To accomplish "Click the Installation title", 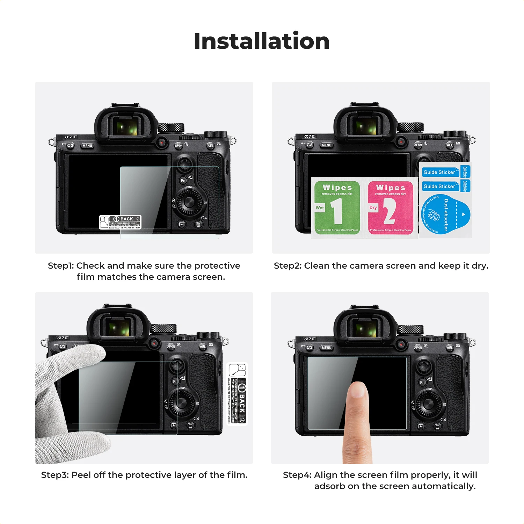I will pos(262,41).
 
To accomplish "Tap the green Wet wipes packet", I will pos(337,208).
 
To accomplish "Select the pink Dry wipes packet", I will pos(391,208).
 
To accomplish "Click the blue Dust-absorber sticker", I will pos(445,215).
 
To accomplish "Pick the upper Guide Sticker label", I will pos(439,172).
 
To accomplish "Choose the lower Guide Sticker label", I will pos(439,187).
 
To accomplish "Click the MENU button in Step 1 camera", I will pos(87,146).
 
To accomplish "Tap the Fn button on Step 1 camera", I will pos(183,181).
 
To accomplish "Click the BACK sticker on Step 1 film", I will pos(121,222).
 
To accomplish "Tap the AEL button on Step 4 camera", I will pos(450,348).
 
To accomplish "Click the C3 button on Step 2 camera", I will pos(310,145).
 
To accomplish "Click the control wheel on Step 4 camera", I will pos(428,404).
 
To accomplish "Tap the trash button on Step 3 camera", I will pos(190,425).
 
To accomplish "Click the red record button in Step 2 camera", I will pos(401,142).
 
